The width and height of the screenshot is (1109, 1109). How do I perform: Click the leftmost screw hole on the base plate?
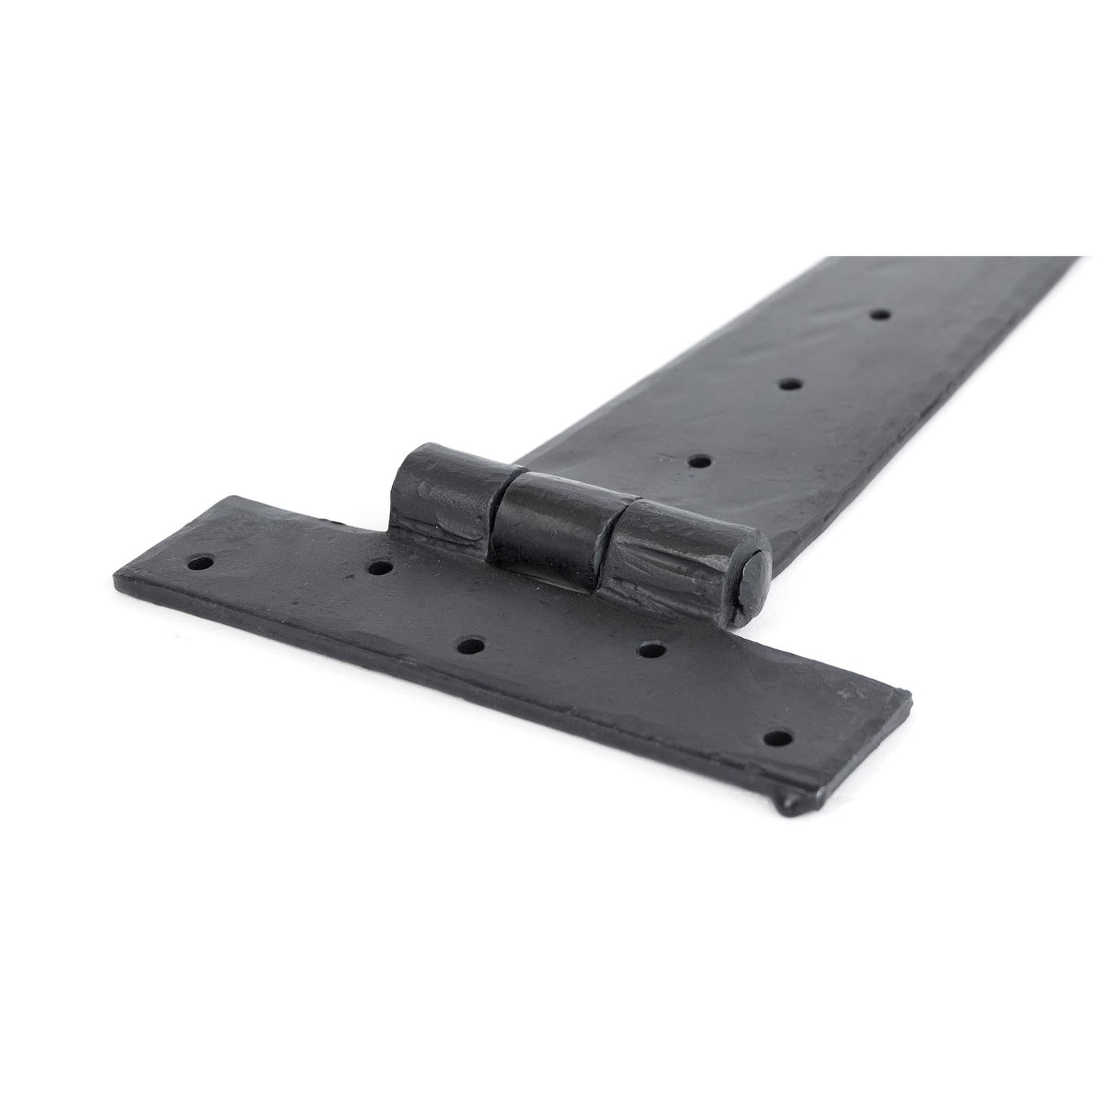[x=200, y=563]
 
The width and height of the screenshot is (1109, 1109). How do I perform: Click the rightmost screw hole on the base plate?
[x=780, y=739]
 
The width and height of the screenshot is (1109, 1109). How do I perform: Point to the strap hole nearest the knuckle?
[x=698, y=461]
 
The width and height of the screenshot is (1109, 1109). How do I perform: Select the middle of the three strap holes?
[x=790, y=384]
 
